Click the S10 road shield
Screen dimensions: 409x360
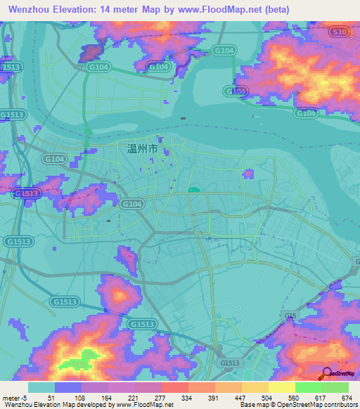pos(340,32)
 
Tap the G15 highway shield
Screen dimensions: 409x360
pos(290,316)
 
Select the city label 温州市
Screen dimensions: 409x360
pos(142,149)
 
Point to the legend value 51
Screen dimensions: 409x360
pos(52,396)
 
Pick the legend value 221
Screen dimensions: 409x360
pos(134,396)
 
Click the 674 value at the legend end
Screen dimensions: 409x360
pos(347,396)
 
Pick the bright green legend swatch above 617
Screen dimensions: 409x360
pos(308,387)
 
